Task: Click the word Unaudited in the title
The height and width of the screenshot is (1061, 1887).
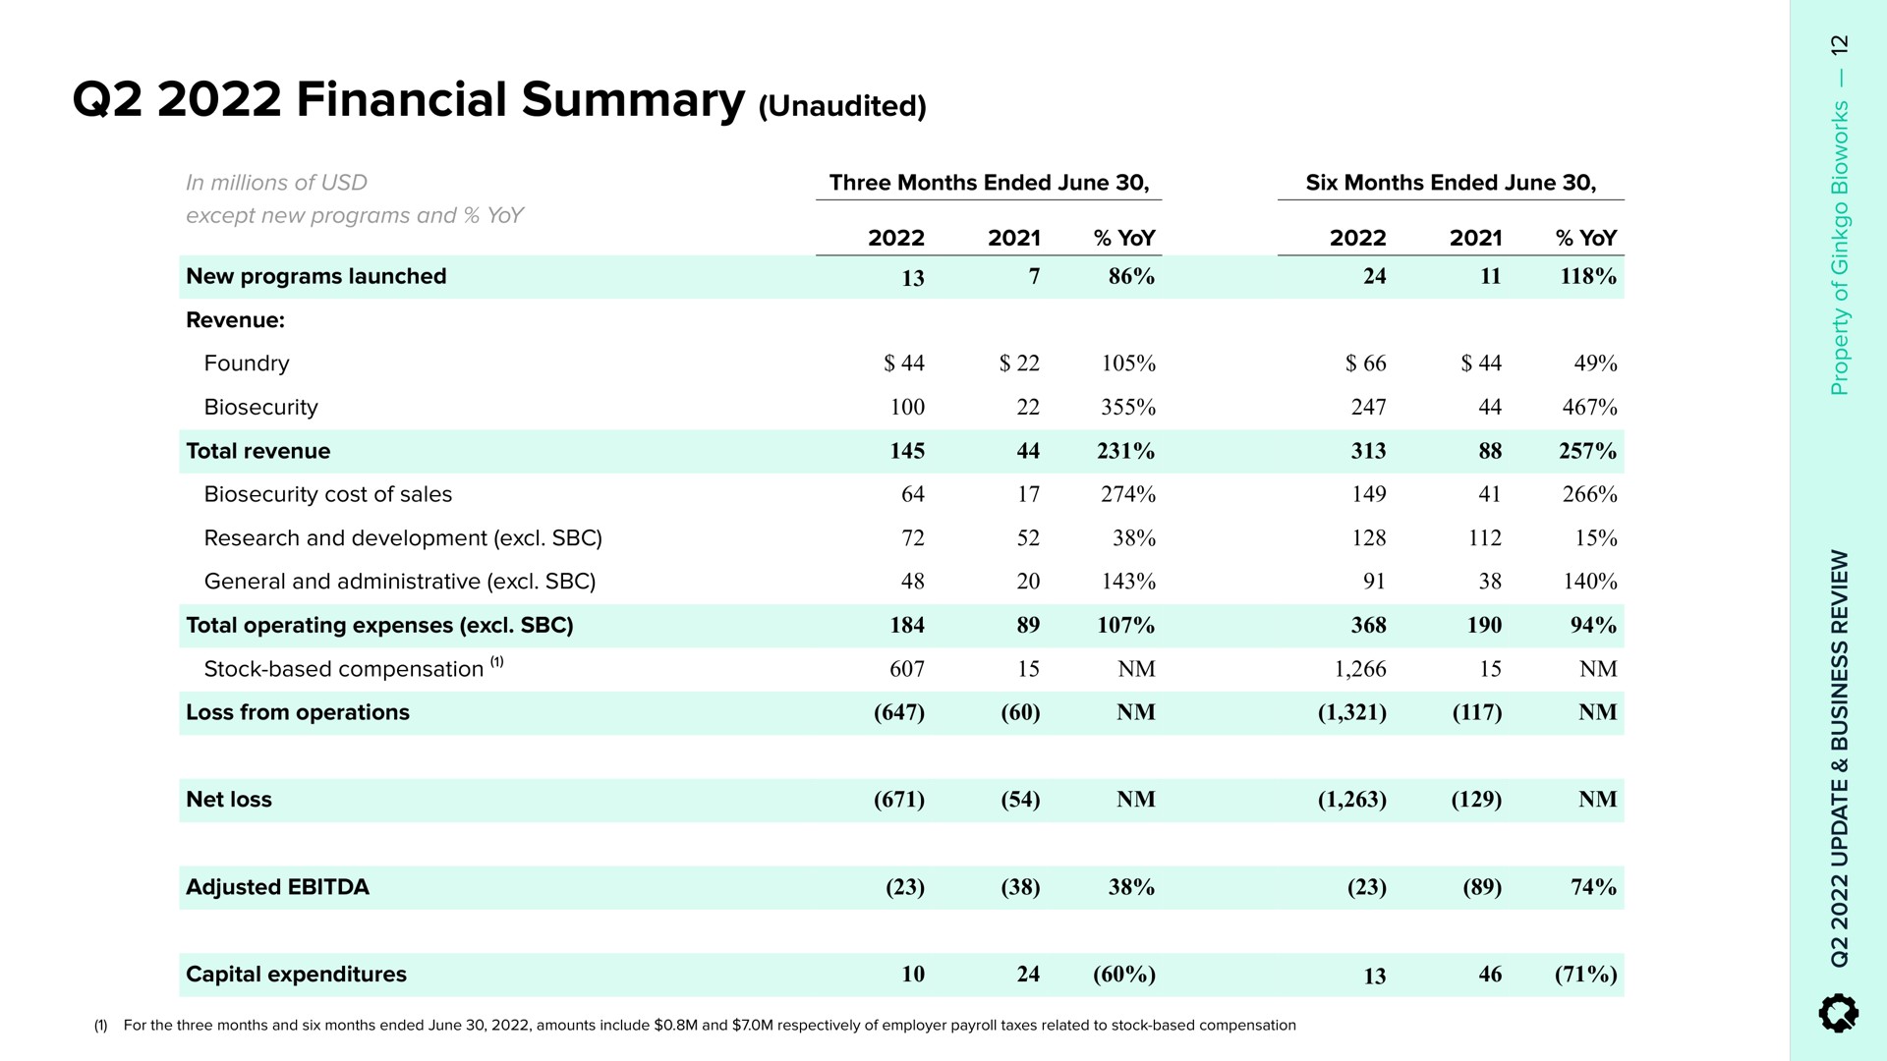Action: point(843,106)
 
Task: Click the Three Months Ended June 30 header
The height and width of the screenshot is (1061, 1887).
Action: point(989,183)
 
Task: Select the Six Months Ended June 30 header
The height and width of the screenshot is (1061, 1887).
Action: point(1451,183)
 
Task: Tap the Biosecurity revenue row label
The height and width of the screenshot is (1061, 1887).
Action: point(261,407)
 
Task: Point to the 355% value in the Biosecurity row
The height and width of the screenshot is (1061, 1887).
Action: point(1128,407)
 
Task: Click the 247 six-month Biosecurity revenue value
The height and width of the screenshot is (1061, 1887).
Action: point(1368,407)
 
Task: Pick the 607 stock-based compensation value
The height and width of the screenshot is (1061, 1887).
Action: point(907,669)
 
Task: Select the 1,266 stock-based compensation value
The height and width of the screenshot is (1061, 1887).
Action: point(1360,669)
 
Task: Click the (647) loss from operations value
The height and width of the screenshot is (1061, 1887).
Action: point(899,712)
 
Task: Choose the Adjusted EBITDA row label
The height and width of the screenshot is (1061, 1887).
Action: point(277,887)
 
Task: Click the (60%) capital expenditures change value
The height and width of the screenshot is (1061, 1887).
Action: point(1124,975)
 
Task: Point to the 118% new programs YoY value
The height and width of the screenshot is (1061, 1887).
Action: point(1588,277)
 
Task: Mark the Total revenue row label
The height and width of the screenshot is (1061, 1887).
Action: point(257,451)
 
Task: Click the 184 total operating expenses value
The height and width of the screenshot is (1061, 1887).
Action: point(907,625)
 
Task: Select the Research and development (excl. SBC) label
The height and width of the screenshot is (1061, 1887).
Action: point(403,538)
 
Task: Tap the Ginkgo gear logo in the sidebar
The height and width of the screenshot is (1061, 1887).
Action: point(1839,1013)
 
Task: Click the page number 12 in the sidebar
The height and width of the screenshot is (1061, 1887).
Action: point(1840,45)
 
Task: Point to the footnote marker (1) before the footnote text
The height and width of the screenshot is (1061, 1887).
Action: point(100,1026)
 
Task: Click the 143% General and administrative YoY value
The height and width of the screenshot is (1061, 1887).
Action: point(1128,582)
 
